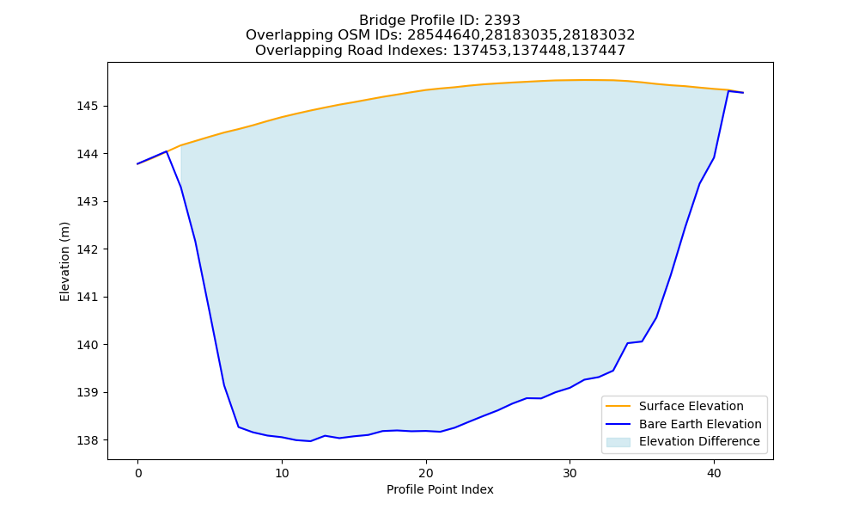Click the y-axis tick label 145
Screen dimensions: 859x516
click(x=86, y=106)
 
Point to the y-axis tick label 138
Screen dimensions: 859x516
click(x=86, y=440)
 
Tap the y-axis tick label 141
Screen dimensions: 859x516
click(x=86, y=298)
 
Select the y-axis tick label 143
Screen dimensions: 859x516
click(x=86, y=202)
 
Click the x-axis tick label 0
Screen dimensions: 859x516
click(x=137, y=473)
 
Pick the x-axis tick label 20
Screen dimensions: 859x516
click(x=426, y=473)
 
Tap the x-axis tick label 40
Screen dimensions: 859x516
click(x=714, y=473)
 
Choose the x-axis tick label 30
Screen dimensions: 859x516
click(x=570, y=473)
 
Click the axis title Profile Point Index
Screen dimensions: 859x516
click(x=440, y=489)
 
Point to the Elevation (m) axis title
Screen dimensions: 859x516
click(x=64, y=261)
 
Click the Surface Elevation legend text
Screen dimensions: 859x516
click(x=691, y=406)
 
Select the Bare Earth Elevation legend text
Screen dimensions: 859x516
click(x=700, y=424)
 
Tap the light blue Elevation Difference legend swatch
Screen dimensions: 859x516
click(x=618, y=442)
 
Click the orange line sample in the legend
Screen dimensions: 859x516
click(x=618, y=406)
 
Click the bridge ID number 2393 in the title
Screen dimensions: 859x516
click(x=502, y=21)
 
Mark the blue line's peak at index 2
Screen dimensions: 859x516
click(x=166, y=151)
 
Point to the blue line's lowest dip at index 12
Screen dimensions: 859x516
click(x=311, y=441)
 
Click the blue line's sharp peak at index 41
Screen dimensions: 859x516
click(x=728, y=91)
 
